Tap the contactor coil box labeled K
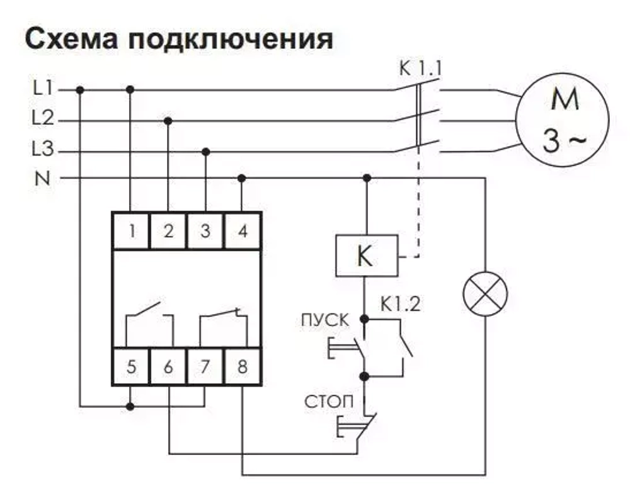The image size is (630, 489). [x=366, y=256]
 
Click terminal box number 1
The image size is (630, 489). [x=131, y=231]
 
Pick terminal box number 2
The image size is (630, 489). [x=168, y=231]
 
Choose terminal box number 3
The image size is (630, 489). [x=205, y=231]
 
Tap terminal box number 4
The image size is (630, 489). [x=243, y=231]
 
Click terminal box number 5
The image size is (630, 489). [x=131, y=366]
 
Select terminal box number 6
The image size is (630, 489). [x=168, y=366]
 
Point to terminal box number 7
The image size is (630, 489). [x=205, y=366]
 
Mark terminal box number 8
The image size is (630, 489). [x=243, y=366]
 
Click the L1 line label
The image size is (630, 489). [x=43, y=89]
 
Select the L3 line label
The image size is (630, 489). [x=43, y=150]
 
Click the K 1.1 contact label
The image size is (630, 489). [x=420, y=67]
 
